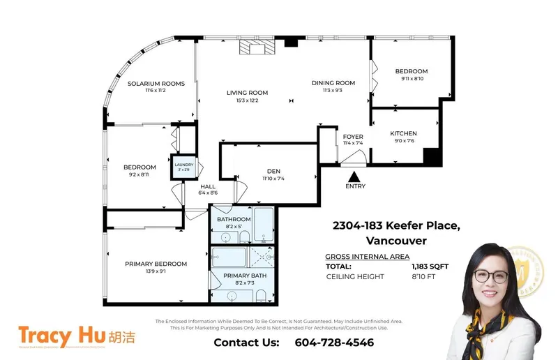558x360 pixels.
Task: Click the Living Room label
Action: [x=247, y=93]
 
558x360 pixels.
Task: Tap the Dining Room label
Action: [x=333, y=83]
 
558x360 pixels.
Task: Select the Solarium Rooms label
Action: [x=156, y=84]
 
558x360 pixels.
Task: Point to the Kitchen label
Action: [x=403, y=133]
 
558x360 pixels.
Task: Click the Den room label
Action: [x=273, y=171]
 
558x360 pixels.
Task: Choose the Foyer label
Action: [x=353, y=137]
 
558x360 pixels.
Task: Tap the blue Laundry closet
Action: [x=184, y=167]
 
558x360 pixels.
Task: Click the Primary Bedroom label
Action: [x=156, y=264]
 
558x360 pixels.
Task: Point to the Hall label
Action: [x=208, y=187]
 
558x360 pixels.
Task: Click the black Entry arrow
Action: [x=354, y=177]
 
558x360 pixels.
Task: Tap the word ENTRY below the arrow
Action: [x=354, y=187]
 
